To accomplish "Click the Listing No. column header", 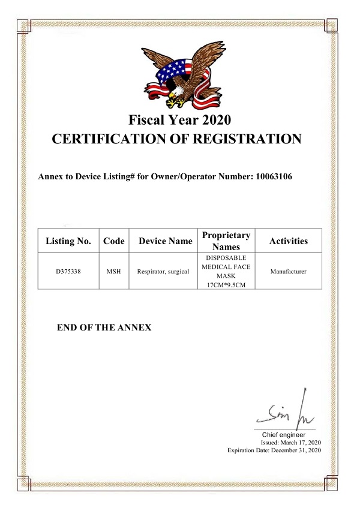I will (68, 241).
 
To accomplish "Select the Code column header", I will (114, 241).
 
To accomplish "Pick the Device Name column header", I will (166, 241).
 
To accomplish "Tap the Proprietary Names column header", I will (226, 241).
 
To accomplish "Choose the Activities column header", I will (288, 241).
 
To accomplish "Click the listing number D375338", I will (68, 272).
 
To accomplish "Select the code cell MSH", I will (114, 272).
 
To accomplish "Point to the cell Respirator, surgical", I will (163, 272).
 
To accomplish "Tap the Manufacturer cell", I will (288, 272).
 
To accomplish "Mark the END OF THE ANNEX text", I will (104, 327).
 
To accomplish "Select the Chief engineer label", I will (284, 434).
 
